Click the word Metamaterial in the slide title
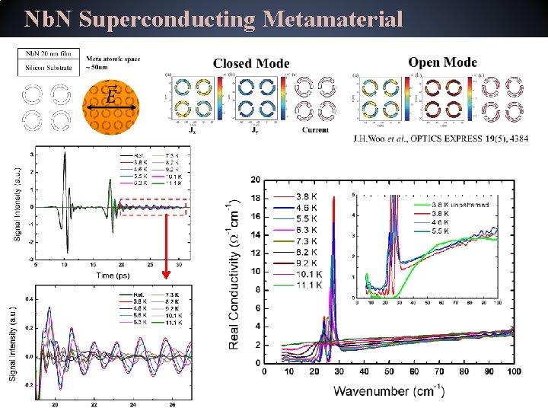click(332, 19)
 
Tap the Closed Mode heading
click(251, 63)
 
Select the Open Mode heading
click(443, 62)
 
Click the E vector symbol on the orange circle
click(111, 98)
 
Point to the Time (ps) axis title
click(105, 275)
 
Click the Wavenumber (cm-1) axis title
click(388, 391)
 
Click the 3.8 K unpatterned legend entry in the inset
click(464, 204)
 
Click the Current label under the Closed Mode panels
click(315, 129)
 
